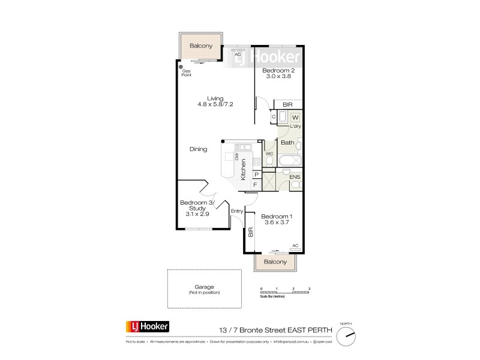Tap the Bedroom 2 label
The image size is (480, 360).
(278, 70)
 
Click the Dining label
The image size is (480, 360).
(198, 149)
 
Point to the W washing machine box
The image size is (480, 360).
(295, 117)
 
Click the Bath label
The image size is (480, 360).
(287, 143)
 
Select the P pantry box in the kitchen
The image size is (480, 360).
(256, 175)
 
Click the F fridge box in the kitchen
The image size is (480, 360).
(256, 185)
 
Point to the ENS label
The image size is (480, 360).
(295, 177)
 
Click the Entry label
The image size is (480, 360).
(237, 211)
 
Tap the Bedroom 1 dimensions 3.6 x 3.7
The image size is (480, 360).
(278, 223)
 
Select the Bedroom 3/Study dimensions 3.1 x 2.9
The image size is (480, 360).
(197, 214)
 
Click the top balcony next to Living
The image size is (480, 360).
(201, 46)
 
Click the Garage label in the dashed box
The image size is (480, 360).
(204, 287)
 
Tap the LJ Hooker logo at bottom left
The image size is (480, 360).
(147, 327)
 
